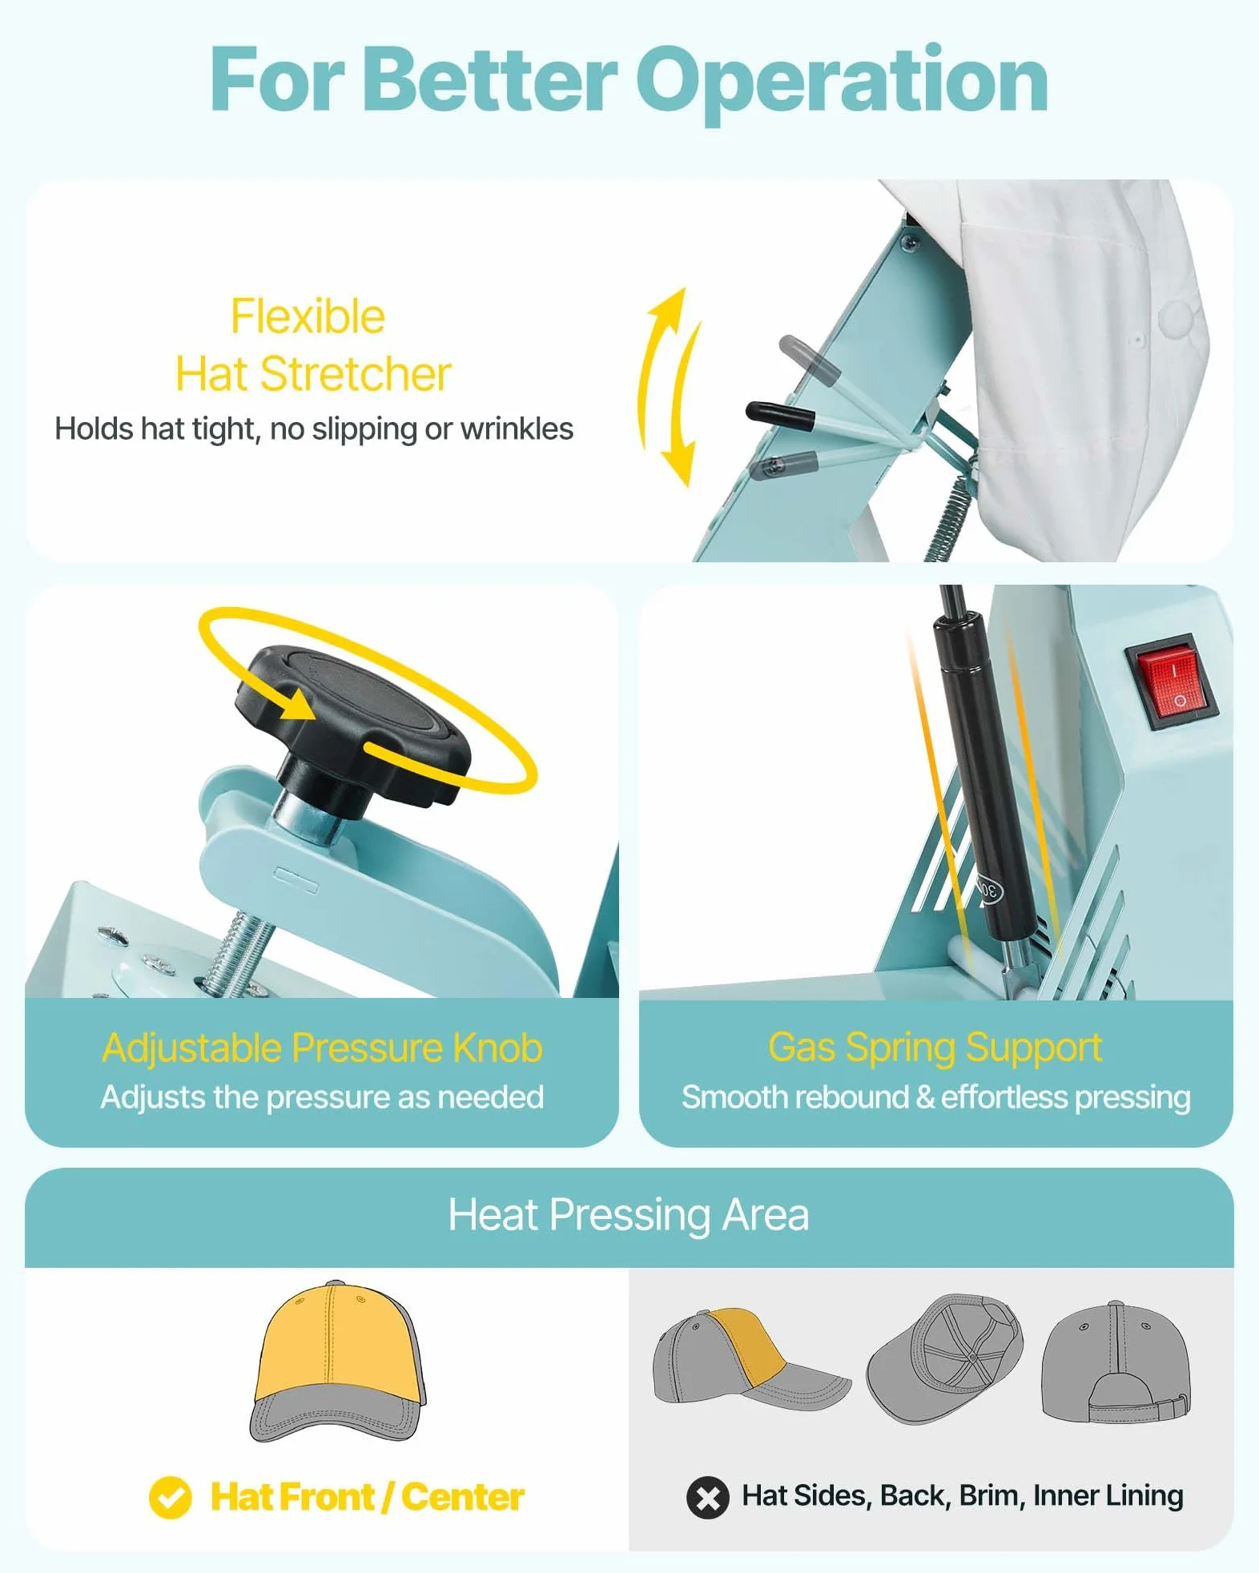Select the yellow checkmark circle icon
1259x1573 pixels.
tap(171, 1497)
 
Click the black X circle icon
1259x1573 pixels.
tap(708, 1497)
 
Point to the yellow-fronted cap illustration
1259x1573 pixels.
tap(337, 1361)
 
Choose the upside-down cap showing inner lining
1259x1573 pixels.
tap(945, 1358)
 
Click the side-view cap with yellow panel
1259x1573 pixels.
tap(751, 1358)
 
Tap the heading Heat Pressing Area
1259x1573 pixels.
tap(629, 1215)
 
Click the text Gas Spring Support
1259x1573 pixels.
tap(935, 1047)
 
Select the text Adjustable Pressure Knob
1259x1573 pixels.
tap(323, 1048)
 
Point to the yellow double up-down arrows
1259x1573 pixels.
tap(670, 386)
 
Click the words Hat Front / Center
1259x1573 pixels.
tap(367, 1497)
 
